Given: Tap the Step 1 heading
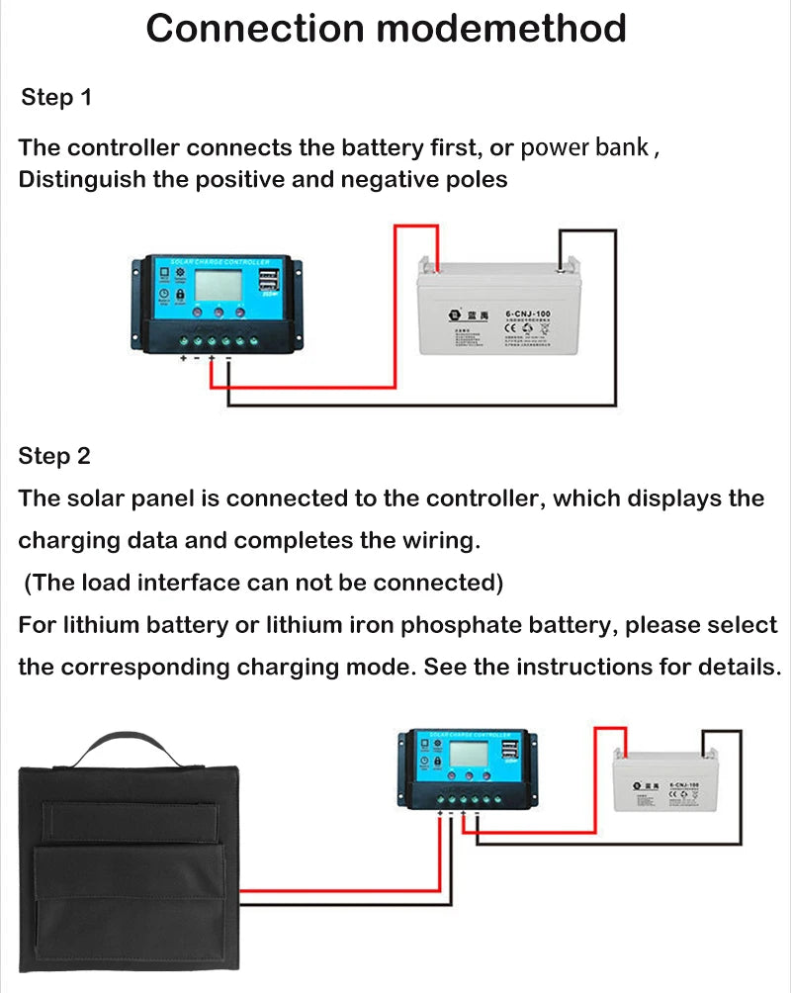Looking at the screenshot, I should click(55, 97).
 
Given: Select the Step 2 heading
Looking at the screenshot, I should click(54, 456).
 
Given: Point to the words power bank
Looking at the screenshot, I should click(584, 148).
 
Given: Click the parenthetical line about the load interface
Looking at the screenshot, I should click(263, 583).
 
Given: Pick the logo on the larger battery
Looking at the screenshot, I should click(456, 313).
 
